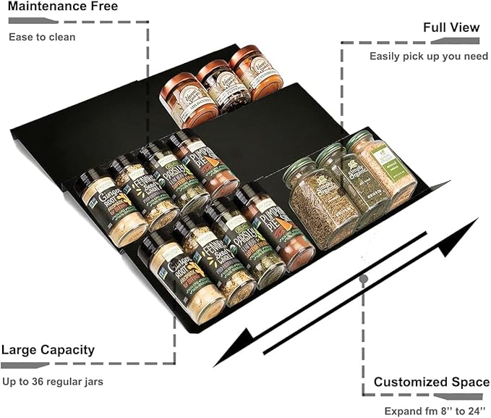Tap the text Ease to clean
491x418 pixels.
42,36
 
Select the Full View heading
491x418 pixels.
451,28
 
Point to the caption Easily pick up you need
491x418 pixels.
429,56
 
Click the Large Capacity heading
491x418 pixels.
48,350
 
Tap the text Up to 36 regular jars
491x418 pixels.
51,381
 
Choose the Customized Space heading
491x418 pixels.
432,382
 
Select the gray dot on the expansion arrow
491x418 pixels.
364,277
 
